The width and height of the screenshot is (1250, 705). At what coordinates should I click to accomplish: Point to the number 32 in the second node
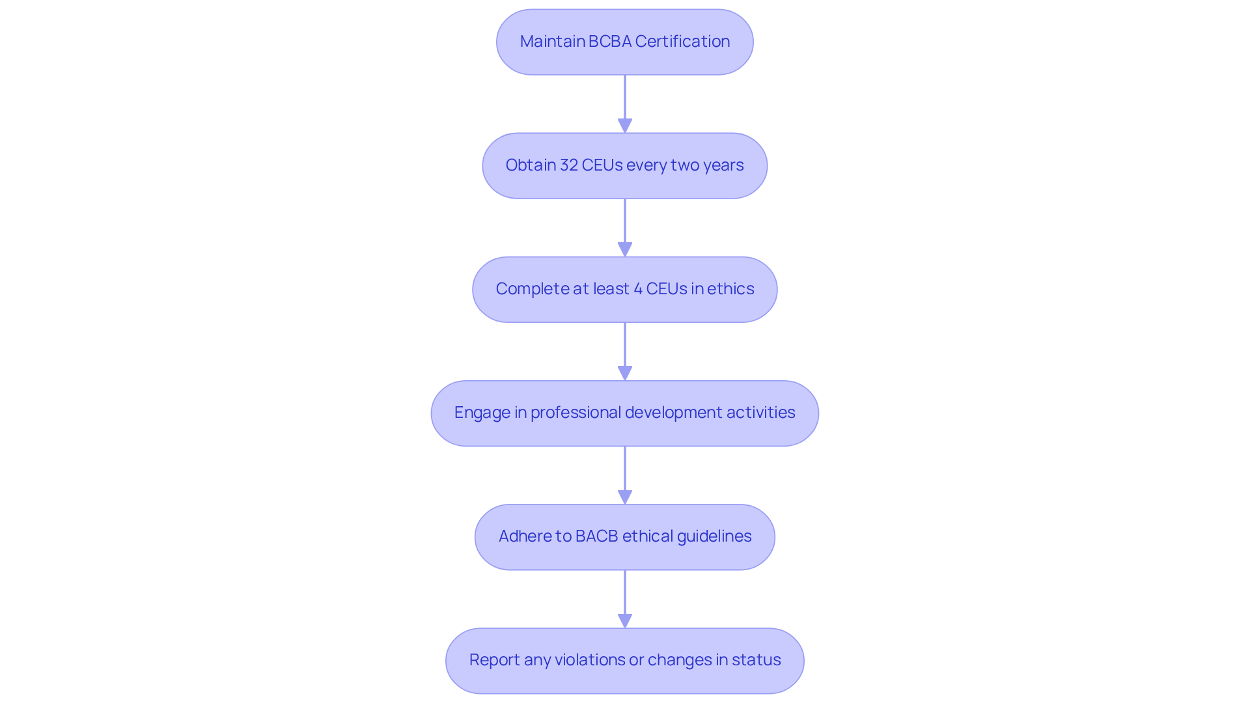coord(568,165)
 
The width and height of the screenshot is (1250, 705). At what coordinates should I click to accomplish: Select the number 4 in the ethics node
coord(637,289)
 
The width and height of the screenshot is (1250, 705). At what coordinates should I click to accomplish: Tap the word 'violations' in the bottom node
coord(590,660)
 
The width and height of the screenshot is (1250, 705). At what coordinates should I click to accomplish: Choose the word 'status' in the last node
coord(756,660)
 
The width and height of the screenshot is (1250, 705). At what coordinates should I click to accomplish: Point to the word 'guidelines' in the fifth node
coord(714,536)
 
